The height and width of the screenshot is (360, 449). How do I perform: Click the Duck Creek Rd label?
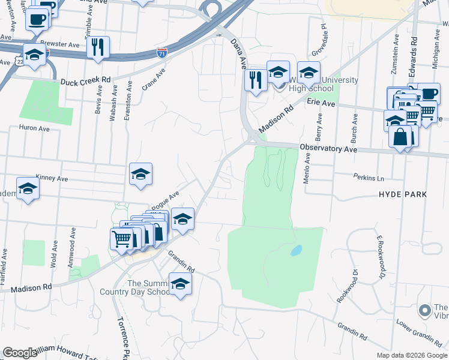85,79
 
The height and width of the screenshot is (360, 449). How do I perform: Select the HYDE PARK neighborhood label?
403,194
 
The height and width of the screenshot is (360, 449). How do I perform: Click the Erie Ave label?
321,103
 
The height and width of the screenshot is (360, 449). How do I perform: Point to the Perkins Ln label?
369,179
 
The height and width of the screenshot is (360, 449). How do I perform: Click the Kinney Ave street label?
52,179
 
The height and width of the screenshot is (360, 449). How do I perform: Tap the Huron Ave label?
34,128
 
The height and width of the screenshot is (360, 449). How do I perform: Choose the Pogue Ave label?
165,198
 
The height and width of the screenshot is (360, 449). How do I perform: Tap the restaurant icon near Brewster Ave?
98,47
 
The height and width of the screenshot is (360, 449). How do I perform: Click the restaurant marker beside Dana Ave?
256,80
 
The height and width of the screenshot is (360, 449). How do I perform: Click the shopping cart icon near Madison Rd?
122,238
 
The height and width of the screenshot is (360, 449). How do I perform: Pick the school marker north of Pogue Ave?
140,174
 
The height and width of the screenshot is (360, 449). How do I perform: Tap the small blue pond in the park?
295,250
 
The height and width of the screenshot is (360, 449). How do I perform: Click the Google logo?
20,353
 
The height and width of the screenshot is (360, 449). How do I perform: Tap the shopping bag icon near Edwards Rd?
400,136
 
